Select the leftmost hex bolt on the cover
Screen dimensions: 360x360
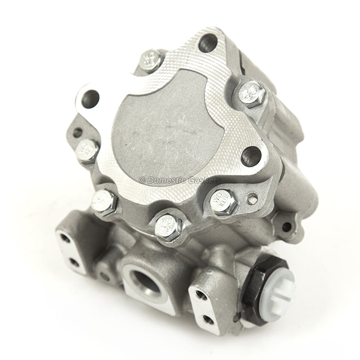tap(88, 151)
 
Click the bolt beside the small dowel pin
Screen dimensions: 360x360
tap(224, 201)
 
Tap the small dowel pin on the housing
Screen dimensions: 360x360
tap(253, 198)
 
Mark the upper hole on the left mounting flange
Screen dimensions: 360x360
tap(66, 238)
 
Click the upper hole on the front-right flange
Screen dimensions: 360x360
tap(201, 294)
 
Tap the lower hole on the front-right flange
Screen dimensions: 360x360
tap(208, 319)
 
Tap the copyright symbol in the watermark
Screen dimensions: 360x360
tap(142, 181)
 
